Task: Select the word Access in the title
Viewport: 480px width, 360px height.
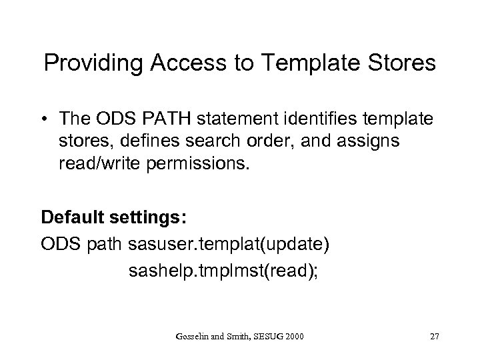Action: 183,65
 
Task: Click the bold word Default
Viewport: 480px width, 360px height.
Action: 72,217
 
